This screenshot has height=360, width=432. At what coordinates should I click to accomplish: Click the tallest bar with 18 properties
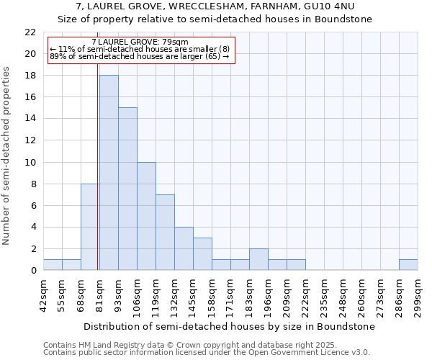(109, 173)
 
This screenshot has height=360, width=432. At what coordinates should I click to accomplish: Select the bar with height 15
(127, 189)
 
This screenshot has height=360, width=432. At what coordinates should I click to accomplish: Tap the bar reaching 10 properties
(146, 216)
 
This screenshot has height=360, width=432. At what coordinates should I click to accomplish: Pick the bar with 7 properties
(165, 232)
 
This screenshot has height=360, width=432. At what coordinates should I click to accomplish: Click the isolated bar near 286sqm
(408, 264)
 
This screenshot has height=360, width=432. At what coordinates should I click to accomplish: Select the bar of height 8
(90, 227)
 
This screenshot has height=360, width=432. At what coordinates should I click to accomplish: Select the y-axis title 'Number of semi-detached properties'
(7, 156)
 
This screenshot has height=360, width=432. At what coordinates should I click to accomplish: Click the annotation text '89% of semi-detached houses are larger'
(140, 56)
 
